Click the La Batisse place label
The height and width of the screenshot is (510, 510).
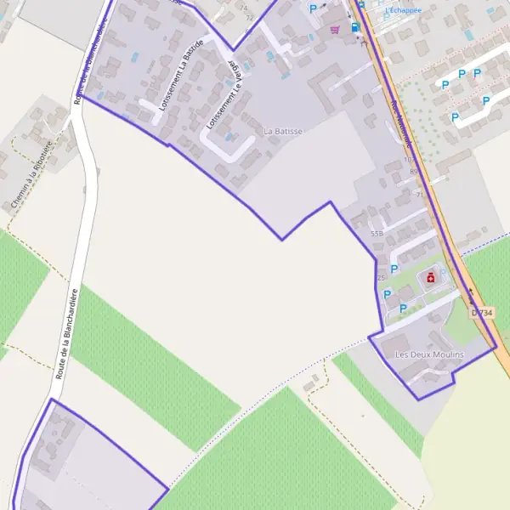click(x=283, y=132)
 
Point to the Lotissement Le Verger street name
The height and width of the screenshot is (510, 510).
click(x=219, y=95)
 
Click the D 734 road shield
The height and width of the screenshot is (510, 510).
click(x=481, y=313)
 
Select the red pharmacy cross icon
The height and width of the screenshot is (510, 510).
click(x=431, y=278)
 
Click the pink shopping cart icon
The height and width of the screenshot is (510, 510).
click(x=335, y=29)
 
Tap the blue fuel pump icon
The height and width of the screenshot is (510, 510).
click(x=354, y=26)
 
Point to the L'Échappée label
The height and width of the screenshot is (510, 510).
click(x=403, y=10)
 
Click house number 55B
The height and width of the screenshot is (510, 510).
click(x=377, y=233)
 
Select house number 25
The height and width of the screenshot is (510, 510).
click(x=382, y=277)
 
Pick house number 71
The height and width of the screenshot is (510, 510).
click(x=419, y=195)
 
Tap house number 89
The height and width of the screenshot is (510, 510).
click(x=413, y=171)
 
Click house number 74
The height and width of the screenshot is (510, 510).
click(x=246, y=7)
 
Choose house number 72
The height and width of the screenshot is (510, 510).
click(x=248, y=17)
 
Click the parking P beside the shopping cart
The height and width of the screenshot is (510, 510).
click(x=313, y=8)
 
